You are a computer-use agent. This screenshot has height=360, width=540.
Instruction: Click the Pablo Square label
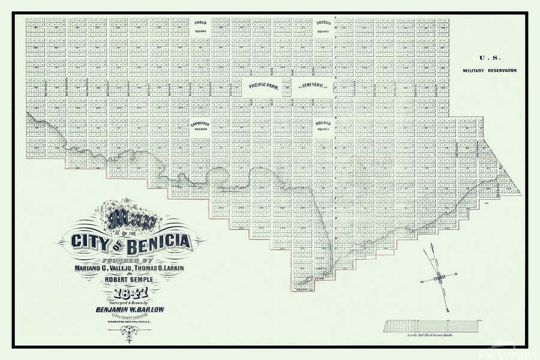pyautogui.click(x=200, y=26)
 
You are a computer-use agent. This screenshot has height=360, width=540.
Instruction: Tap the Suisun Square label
pyautogui.click(x=323, y=26)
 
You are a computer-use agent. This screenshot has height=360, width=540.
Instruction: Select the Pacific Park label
pyautogui.click(x=263, y=86)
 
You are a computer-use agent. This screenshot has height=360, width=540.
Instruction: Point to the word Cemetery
pyautogui.click(x=312, y=86)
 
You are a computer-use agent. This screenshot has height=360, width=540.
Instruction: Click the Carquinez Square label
pyautogui.click(x=200, y=126)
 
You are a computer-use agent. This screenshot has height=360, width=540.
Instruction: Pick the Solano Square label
pyautogui.click(x=323, y=126)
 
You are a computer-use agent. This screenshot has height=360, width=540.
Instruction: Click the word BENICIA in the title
pyautogui.click(x=155, y=243)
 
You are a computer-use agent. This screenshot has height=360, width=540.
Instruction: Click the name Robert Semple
pyautogui.click(x=131, y=280)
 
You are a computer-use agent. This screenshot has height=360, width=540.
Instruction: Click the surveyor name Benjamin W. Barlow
pyautogui.click(x=131, y=310)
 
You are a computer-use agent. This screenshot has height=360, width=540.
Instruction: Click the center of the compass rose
pyautogui.click(x=439, y=277)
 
